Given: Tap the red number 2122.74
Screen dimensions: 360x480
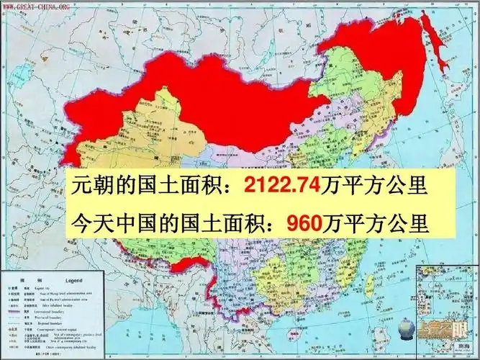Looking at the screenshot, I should (281, 186).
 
